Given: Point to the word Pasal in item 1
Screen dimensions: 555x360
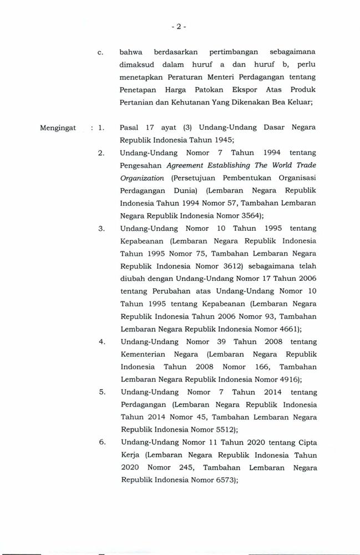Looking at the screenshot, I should coord(129,128).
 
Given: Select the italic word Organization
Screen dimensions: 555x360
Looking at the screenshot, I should coord(141,178).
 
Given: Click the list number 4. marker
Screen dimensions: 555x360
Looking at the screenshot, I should coord(102,341).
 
